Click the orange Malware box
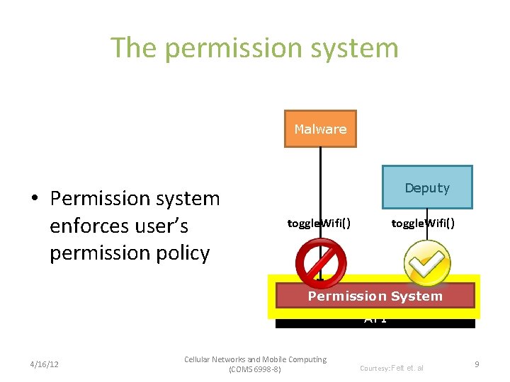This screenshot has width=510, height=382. pos(320,129)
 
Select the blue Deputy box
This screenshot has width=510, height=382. pos(427,187)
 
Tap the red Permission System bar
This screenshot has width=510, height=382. pos(375,296)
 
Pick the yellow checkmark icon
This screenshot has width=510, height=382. pos(427,263)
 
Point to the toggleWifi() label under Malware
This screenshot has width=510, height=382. pos(319,224)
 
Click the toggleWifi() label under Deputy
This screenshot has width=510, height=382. pos(423,224)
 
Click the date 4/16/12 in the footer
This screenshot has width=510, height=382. pos(44,364)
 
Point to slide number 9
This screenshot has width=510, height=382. pos(477,364)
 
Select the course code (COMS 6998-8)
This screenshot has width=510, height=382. pos(255,369)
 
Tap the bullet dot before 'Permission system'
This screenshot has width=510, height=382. pos(34,199)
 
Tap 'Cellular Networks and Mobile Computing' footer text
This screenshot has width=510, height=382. pos(255,359)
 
